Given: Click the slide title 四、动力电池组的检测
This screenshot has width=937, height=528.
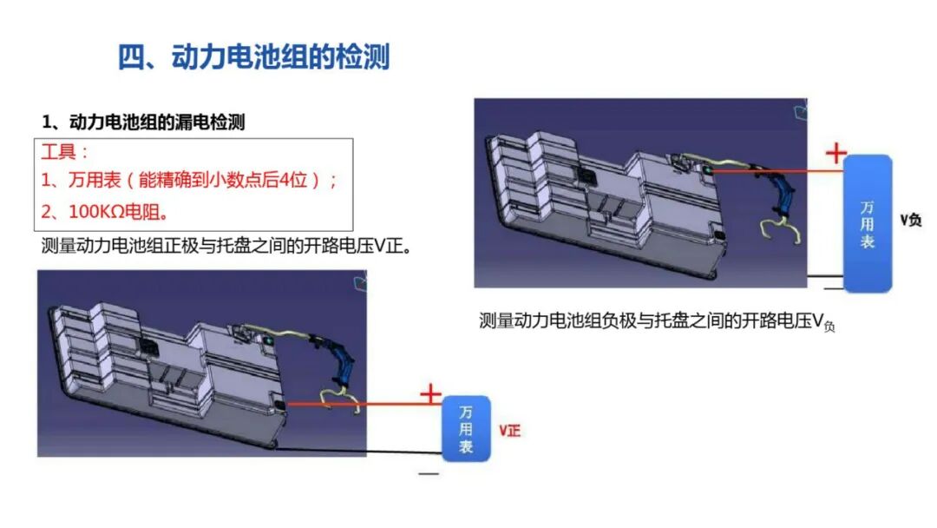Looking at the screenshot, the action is [253, 57].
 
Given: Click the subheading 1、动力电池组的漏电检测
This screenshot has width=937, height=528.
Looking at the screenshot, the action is [143, 122].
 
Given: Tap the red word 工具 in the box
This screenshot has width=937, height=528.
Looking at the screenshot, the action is [58, 152].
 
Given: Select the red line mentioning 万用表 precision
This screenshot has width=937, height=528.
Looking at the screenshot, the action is [189, 180].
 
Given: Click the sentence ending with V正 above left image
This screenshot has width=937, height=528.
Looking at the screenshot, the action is [226, 246].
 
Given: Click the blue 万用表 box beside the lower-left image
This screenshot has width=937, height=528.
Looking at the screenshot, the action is [466, 429].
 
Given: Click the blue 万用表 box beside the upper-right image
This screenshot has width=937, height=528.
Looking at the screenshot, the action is [868, 224].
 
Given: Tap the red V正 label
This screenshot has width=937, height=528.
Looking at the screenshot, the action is [510, 431].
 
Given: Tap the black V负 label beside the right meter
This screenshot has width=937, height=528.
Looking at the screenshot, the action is [911, 220].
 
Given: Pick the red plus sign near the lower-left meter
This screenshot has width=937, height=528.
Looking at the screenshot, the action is [430, 394].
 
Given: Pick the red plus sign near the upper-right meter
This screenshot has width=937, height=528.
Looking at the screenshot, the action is [836, 153].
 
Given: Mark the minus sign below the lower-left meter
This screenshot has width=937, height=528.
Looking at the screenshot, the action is [429, 473].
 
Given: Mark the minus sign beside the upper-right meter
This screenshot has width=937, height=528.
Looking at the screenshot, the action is [833, 288].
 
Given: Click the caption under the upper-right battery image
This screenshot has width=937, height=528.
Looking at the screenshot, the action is [657, 321].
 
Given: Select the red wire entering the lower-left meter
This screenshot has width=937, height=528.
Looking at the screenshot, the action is [364, 404].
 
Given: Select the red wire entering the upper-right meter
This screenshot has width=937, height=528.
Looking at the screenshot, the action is [776, 172].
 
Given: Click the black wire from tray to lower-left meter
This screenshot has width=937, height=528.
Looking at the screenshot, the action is [358, 451].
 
